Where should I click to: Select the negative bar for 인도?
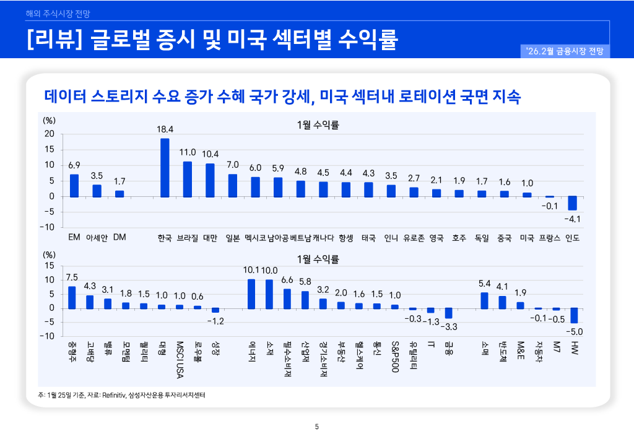pyautogui.click(x=572, y=203)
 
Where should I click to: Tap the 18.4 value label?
pyautogui.click(x=165, y=129)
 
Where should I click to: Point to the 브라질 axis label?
pyautogui.click(x=188, y=238)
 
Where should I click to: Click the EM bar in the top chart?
pyautogui.click(x=74, y=185)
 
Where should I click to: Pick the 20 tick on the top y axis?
pyautogui.click(x=50, y=134)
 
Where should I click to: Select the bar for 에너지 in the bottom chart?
pyautogui.click(x=251, y=293)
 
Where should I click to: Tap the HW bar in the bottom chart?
pyautogui.click(x=574, y=315)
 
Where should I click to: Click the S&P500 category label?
pyautogui.click(x=394, y=356)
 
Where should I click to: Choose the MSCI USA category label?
pyautogui.click(x=180, y=359)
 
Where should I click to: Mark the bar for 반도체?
pyautogui.click(x=502, y=302)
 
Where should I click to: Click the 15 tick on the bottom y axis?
pyautogui.click(x=50, y=266)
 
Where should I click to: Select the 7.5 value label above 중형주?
pyautogui.click(x=72, y=277)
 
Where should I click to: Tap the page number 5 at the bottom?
pyautogui.click(x=317, y=427)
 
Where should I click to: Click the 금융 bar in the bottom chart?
pyautogui.click(x=448, y=313)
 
